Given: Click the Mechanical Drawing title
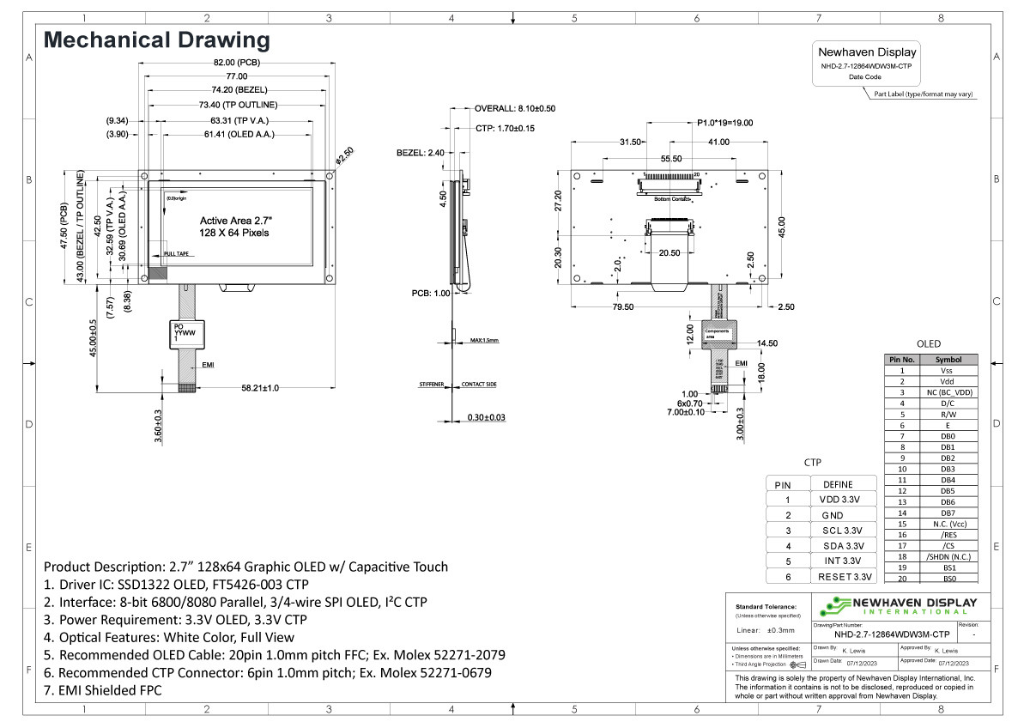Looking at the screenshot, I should point(156,39).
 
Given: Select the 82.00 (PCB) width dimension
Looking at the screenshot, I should point(236,63).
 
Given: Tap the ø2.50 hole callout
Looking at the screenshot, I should point(344,155).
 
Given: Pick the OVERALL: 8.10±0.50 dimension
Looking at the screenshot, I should point(515,109).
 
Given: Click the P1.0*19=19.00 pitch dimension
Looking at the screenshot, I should point(719,123).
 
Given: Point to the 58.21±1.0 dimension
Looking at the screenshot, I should point(260,389).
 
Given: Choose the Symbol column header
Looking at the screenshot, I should point(948,360).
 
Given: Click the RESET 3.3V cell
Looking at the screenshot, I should point(844,576).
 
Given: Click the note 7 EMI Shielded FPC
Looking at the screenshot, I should point(103,690).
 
